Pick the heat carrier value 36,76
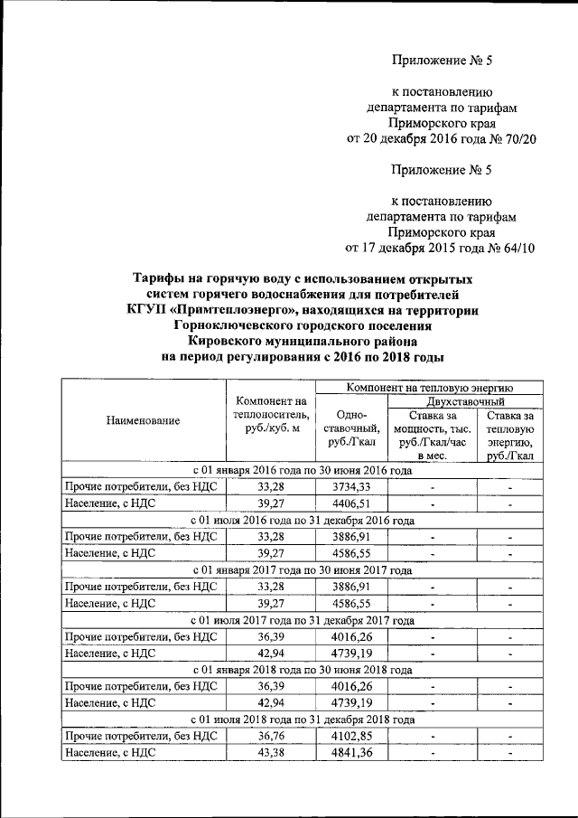pos(270,737)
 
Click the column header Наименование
pos(143,420)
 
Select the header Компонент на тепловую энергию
pos(428,387)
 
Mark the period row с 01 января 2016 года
pos(302,471)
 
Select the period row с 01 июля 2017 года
pos(302,620)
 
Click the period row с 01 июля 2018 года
pos(302,720)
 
